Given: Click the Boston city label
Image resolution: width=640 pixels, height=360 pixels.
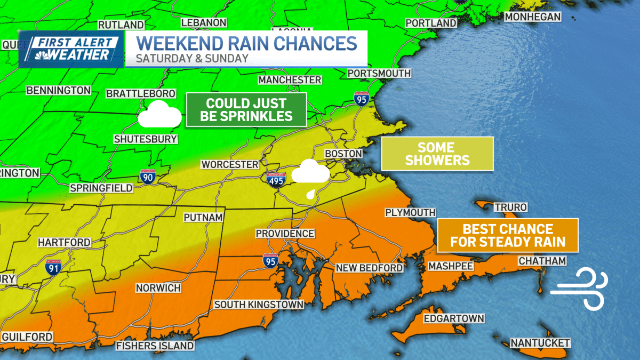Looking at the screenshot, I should pyautogui.click(x=343, y=154).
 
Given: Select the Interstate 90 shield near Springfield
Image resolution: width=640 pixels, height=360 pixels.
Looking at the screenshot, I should pyautogui.click(x=148, y=176).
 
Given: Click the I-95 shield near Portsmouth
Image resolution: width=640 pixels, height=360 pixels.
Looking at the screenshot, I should pyautogui.click(x=361, y=98).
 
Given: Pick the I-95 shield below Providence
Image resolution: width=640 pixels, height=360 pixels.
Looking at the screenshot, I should pyautogui.click(x=270, y=260).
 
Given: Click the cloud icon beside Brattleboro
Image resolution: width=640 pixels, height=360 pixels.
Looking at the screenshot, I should pyautogui.click(x=159, y=114).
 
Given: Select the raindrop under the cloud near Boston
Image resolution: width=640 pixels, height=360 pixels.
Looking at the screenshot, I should pyautogui.click(x=310, y=194).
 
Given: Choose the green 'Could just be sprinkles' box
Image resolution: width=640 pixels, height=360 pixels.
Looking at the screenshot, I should pyautogui.click(x=246, y=109).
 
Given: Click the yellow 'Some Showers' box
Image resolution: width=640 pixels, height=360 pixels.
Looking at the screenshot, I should pyautogui.click(x=437, y=154).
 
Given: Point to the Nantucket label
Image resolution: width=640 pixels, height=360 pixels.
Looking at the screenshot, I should pyautogui.click(x=540, y=342).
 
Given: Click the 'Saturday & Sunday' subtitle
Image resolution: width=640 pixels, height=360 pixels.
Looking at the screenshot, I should pyautogui.click(x=192, y=58).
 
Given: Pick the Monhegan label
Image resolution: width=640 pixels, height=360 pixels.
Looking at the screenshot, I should pyautogui.click(x=532, y=17).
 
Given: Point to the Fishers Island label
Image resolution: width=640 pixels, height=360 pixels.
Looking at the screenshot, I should pyautogui.click(x=155, y=346).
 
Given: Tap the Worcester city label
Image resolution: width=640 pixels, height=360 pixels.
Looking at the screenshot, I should pyautogui.click(x=230, y=164).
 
